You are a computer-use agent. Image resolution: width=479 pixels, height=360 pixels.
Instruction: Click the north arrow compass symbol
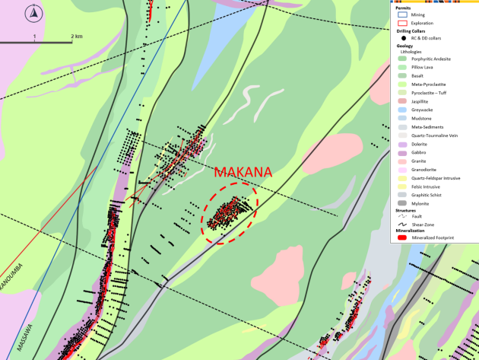[34, 13]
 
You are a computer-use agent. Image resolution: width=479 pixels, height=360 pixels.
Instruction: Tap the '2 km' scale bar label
[76, 36]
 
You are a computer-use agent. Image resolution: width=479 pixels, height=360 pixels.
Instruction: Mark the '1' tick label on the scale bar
[34, 36]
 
